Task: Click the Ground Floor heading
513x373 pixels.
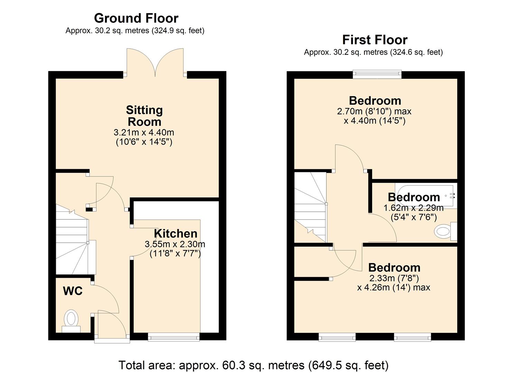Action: [x=136, y=18]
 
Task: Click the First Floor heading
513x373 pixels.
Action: [x=375, y=40]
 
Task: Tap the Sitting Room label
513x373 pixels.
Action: [x=144, y=116]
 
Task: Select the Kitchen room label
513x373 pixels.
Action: [x=175, y=233]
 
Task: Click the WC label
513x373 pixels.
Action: [x=73, y=291]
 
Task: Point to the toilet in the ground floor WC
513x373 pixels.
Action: [x=71, y=319]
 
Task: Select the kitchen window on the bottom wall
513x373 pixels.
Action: [x=173, y=337]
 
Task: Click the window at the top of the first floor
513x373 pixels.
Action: [x=377, y=74]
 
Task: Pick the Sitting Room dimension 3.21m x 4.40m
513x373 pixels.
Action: [x=144, y=133]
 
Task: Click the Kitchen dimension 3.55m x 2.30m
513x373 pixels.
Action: [x=175, y=245]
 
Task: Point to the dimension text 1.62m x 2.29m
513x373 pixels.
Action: [x=414, y=208]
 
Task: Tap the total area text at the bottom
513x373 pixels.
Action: [x=254, y=365]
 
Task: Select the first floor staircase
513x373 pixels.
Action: [x=310, y=207]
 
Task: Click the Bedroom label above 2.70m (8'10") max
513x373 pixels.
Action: [x=375, y=101]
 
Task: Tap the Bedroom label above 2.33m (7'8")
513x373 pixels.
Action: [x=394, y=267]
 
